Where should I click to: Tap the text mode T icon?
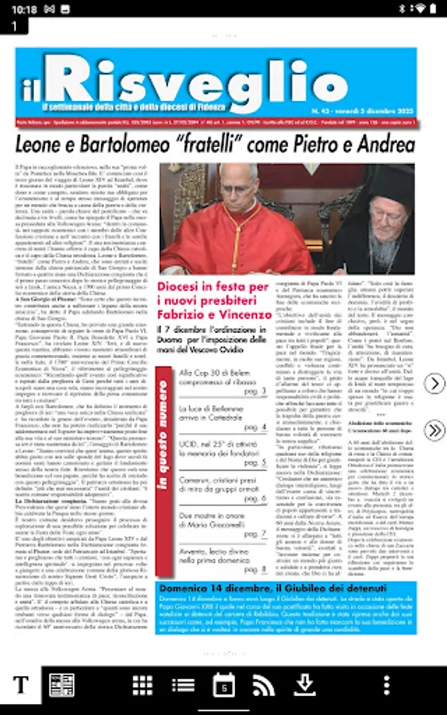(x=21, y=686)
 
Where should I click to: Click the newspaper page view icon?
(x=61, y=686)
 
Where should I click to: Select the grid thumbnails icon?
(x=142, y=685)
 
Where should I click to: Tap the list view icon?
(x=183, y=685)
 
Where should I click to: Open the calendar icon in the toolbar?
(x=224, y=685)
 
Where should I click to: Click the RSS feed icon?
(x=264, y=685)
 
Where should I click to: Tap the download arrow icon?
(x=304, y=685)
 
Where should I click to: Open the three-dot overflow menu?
(x=386, y=685)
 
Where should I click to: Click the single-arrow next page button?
(x=434, y=384)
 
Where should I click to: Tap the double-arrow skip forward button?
(x=434, y=431)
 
